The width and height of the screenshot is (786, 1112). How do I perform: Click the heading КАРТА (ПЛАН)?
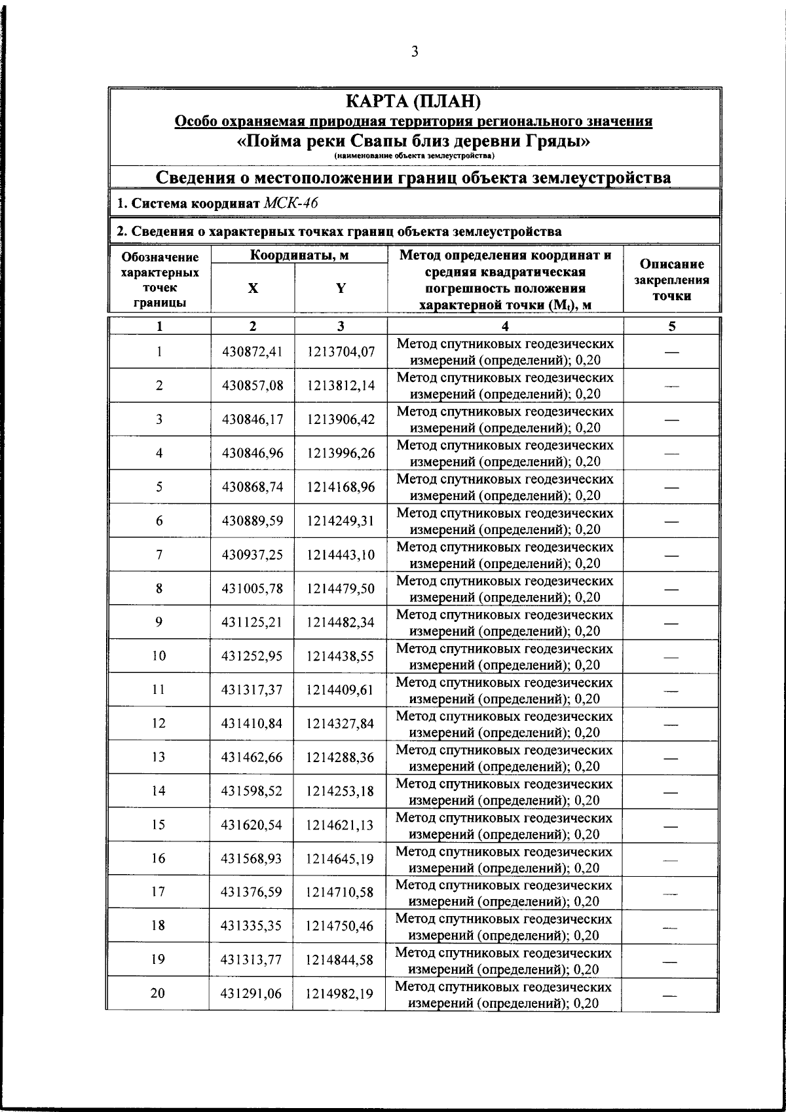[413, 102]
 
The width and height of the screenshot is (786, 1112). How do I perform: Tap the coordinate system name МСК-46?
[290, 203]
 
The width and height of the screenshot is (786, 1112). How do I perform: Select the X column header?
[253, 288]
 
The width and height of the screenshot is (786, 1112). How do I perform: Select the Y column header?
[341, 288]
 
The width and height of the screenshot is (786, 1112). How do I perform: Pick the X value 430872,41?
[252, 352]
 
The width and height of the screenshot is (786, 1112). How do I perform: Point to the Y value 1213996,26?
[341, 453]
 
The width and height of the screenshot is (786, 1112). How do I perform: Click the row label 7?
[159, 555]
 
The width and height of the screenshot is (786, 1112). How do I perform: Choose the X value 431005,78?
[252, 588]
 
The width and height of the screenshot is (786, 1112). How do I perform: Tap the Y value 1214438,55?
[341, 656]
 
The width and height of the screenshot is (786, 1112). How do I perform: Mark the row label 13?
[159, 757]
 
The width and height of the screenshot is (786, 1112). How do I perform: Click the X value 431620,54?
[252, 825]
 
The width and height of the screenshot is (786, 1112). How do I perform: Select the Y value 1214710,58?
[340, 892]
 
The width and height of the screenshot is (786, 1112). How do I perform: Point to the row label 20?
[158, 994]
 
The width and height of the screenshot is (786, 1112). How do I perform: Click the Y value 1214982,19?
[340, 994]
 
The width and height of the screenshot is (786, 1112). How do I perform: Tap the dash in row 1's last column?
[671, 353]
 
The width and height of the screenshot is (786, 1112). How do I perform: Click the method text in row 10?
[505, 657]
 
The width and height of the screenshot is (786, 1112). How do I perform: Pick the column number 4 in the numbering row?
[505, 326]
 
